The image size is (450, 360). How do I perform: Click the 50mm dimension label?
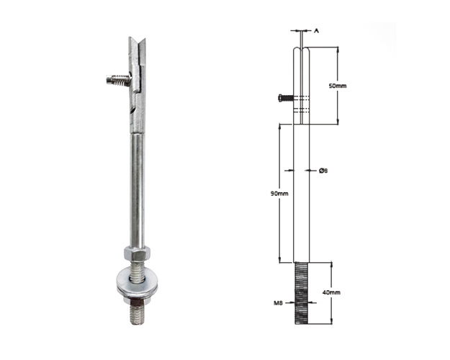pos(338,86)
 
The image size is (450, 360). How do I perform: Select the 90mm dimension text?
pos(279,194)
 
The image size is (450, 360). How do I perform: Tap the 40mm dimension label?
pos(331,292)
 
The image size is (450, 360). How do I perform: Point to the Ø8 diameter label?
pos(323,171)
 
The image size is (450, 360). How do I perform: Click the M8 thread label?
pos(279,302)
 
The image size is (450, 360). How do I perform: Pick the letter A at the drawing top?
pos(316,30)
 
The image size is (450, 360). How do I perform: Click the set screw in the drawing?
pos(286,98)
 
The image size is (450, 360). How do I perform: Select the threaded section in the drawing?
pos(302,293)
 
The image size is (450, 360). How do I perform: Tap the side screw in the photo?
pos(119,79)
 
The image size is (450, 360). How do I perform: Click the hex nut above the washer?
pos(138,253)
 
